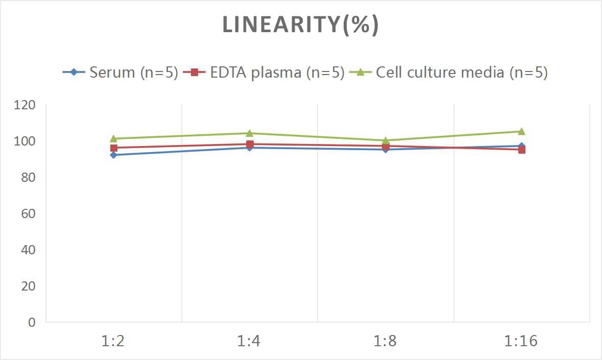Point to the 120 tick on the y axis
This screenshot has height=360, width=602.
(25, 105)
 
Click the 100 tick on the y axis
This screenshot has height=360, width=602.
(25, 141)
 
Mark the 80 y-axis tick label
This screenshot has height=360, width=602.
(28, 178)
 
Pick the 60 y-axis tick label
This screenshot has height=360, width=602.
(28, 213)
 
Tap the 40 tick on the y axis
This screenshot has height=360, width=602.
(28, 250)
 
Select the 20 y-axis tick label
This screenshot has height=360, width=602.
(28, 286)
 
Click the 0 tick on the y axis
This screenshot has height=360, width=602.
(32, 322)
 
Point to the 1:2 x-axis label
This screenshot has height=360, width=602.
(113, 341)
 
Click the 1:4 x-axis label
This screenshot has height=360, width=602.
(249, 341)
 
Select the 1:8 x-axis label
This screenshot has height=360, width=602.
(386, 341)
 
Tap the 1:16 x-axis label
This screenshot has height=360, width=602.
(521, 341)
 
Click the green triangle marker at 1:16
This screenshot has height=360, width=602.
(521, 131)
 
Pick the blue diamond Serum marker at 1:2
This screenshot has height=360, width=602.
(113, 155)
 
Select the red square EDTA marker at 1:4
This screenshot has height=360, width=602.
(250, 144)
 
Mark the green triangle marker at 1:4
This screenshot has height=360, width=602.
(250, 133)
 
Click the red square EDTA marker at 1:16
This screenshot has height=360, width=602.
(522, 150)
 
